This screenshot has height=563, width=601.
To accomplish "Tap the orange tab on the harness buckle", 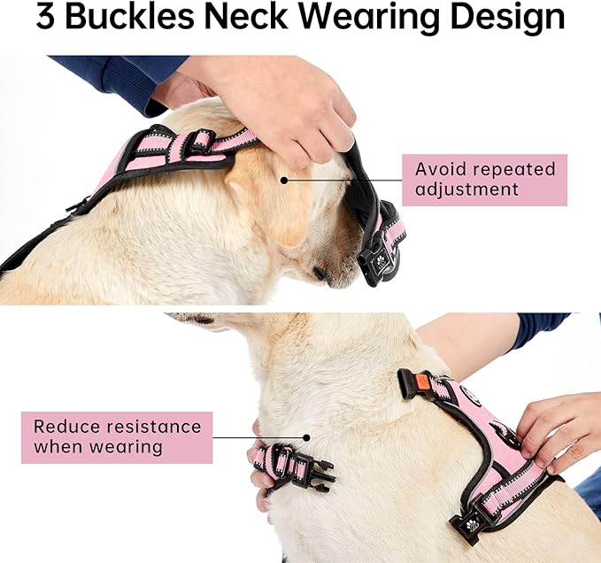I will tap(421, 383).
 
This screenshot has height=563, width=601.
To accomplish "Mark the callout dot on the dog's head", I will tap(284, 180).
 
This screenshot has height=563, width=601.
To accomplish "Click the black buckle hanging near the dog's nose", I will tap(377, 261).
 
